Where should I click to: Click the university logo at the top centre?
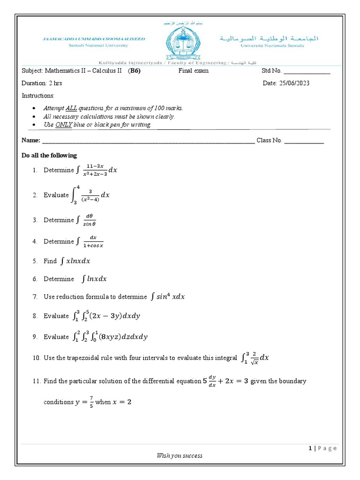coord(180,45)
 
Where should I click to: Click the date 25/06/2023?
coord(294,83)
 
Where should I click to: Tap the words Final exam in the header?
coord(193,71)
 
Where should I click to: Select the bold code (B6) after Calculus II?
coord(134,71)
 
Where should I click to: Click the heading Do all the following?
coord(49,156)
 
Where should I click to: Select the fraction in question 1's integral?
coord(95,170)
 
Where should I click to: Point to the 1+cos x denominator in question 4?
coord(93,245)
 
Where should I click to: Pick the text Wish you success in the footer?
coord(180,455)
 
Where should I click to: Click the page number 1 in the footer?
coord(310,448)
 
